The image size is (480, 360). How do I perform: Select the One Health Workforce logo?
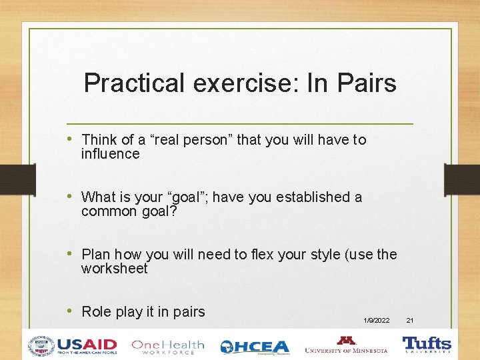167,346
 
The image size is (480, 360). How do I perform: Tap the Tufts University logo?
427,345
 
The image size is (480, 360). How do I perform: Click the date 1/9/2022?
377,321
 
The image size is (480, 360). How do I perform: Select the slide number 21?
410,321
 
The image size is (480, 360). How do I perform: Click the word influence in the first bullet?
110,154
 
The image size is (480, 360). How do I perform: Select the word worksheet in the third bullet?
114,269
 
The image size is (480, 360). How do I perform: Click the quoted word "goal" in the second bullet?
201,197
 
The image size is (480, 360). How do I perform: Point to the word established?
313,197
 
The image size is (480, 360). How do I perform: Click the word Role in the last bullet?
96,311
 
